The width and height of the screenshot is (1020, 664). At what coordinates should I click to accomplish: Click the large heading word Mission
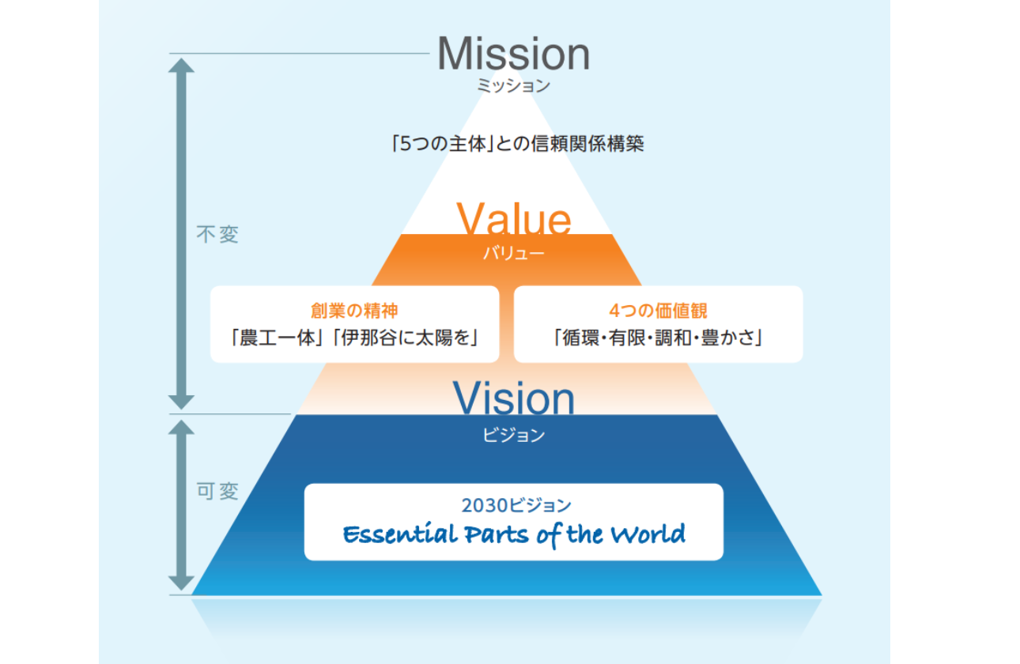tap(513, 54)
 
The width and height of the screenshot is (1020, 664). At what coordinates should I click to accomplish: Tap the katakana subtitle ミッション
tap(514, 85)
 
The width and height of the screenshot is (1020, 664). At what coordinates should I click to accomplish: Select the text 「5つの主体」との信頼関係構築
tap(518, 144)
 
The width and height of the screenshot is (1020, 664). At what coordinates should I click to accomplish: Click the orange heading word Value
tap(514, 218)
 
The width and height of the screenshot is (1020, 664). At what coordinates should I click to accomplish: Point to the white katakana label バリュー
tap(514, 253)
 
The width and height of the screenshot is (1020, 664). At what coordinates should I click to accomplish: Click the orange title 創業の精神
tap(354, 311)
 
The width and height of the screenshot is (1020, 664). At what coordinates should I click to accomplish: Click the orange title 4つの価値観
tap(658, 311)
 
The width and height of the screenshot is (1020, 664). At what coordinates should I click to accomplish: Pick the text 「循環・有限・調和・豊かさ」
tap(658, 338)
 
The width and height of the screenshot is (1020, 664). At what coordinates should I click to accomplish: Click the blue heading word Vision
tap(514, 398)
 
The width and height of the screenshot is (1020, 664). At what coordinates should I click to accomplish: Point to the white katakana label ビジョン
tap(514, 435)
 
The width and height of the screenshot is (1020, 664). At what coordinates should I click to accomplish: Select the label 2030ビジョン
tap(516, 505)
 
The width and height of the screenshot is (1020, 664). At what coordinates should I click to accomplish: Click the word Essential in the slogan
tap(400, 534)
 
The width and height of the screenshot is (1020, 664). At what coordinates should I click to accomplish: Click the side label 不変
tap(217, 235)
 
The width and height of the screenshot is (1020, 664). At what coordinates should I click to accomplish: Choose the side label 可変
tap(217, 492)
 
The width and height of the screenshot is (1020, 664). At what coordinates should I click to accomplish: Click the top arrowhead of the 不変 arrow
tap(181, 59)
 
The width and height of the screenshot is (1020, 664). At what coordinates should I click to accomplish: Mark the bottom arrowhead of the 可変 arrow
tap(181, 589)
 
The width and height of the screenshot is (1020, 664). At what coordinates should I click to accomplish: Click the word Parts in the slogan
tap(497, 534)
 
